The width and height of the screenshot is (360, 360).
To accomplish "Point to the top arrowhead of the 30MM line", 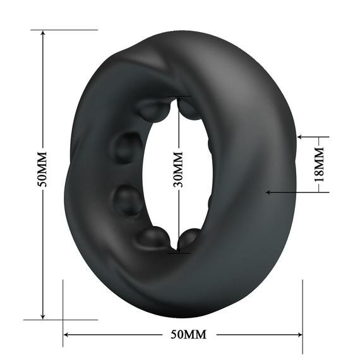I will point(179,100).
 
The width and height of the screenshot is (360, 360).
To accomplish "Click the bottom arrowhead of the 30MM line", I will point(179,251).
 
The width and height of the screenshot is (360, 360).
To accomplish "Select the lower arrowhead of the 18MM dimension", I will point(270,192).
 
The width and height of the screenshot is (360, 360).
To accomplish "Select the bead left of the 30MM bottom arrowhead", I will point(155,238).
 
